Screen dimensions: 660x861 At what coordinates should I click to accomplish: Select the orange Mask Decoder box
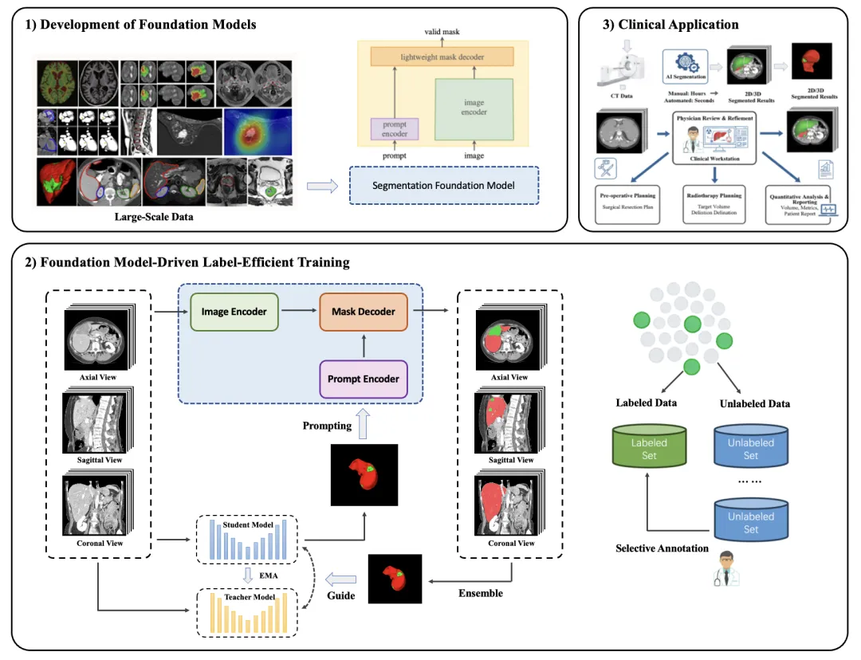coord(364,312)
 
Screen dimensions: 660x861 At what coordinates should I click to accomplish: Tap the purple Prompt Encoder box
coord(364,379)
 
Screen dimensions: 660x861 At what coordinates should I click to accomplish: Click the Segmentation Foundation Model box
coord(444,186)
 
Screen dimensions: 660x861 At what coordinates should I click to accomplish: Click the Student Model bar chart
coord(247,540)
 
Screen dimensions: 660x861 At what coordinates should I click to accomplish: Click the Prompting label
coord(327,426)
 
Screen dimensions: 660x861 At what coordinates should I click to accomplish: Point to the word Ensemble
coord(481,593)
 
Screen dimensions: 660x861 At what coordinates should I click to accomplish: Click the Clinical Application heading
coord(670,25)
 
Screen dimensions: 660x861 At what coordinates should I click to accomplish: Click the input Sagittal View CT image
coord(96,422)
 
